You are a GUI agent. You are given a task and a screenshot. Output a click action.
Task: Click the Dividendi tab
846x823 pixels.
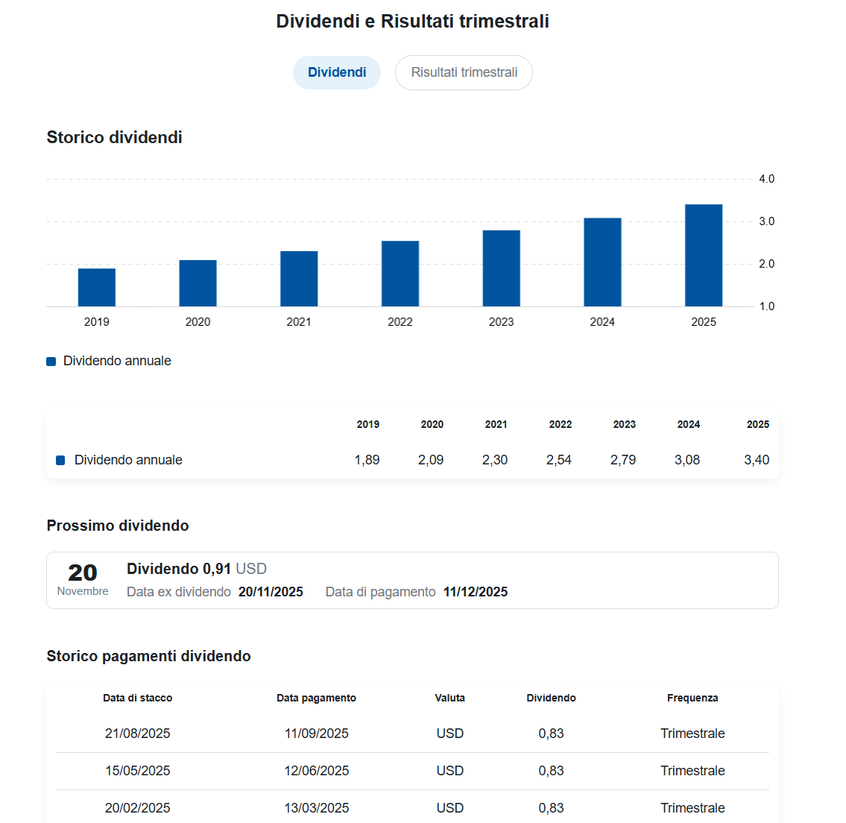(337, 72)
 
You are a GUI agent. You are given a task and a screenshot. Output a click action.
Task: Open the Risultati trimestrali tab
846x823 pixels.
(464, 72)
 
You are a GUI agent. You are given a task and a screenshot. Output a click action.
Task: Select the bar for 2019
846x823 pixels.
(97, 288)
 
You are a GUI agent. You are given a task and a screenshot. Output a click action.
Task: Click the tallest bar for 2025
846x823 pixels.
(704, 256)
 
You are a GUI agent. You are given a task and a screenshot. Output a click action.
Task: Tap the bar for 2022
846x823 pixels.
(400, 274)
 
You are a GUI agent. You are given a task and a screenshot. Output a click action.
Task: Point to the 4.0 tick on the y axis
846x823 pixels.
(766, 179)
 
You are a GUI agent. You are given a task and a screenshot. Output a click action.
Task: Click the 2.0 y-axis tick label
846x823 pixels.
(766, 264)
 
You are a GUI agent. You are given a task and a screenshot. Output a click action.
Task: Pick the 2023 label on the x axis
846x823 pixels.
(501, 322)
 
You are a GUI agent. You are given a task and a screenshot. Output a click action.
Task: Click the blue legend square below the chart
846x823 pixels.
(51, 362)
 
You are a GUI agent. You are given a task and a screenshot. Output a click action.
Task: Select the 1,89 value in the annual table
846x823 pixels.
(367, 460)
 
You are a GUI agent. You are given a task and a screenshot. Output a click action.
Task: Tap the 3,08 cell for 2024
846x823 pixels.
(687, 460)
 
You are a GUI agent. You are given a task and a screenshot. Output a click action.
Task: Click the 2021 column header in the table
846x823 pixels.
(496, 424)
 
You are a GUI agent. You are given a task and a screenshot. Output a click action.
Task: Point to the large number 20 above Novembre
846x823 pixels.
(83, 573)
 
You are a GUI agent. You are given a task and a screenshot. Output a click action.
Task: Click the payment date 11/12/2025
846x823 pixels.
(476, 592)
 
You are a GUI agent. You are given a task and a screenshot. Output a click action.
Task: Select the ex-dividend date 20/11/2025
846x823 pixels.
(271, 592)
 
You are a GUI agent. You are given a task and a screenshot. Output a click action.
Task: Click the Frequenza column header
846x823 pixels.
(692, 698)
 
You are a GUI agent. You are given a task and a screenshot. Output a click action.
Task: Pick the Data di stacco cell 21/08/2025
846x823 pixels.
(137, 734)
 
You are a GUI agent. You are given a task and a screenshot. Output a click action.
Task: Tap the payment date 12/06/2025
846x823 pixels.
(316, 771)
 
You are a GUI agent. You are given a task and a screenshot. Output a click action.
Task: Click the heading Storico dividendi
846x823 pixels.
(114, 137)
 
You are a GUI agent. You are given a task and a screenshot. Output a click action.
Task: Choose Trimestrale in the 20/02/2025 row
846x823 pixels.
(692, 808)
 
